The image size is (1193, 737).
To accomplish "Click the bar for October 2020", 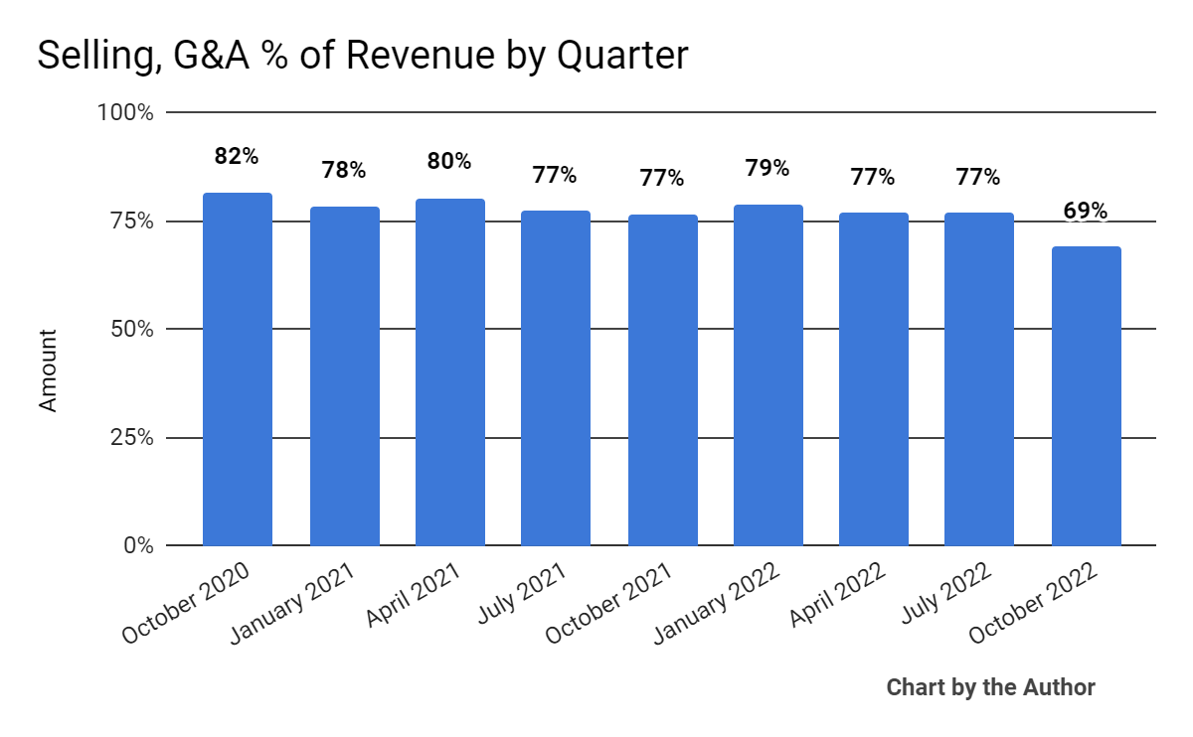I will pyautogui.click(x=238, y=368).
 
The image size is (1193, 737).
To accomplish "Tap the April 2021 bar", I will pyautogui.click(x=449, y=371).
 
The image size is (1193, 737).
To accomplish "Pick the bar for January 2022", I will pyautogui.click(x=767, y=374).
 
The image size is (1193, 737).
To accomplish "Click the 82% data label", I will pyautogui.click(x=237, y=156).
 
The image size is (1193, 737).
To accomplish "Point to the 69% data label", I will pyautogui.click(x=1085, y=211).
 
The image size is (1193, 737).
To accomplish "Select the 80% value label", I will pyautogui.click(x=449, y=161).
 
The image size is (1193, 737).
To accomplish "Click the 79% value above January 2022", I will pyautogui.click(x=767, y=168).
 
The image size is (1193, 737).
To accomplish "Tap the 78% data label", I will pyautogui.click(x=344, y=170).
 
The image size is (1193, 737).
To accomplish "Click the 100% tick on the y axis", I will pyautogui.click(x=125, y=112).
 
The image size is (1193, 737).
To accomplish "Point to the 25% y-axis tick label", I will pyautogui.click(x=131, y=437).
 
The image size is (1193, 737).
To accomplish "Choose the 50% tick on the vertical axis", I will pyautogui.click(x=131, y=329).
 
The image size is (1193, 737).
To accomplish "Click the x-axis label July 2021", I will pyautogui.click(x=521, y=593).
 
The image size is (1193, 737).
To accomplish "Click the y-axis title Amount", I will pyautogui.click(x=48, y=370).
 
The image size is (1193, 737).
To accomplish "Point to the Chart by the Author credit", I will pyautogui.click(x=990, y=687).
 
